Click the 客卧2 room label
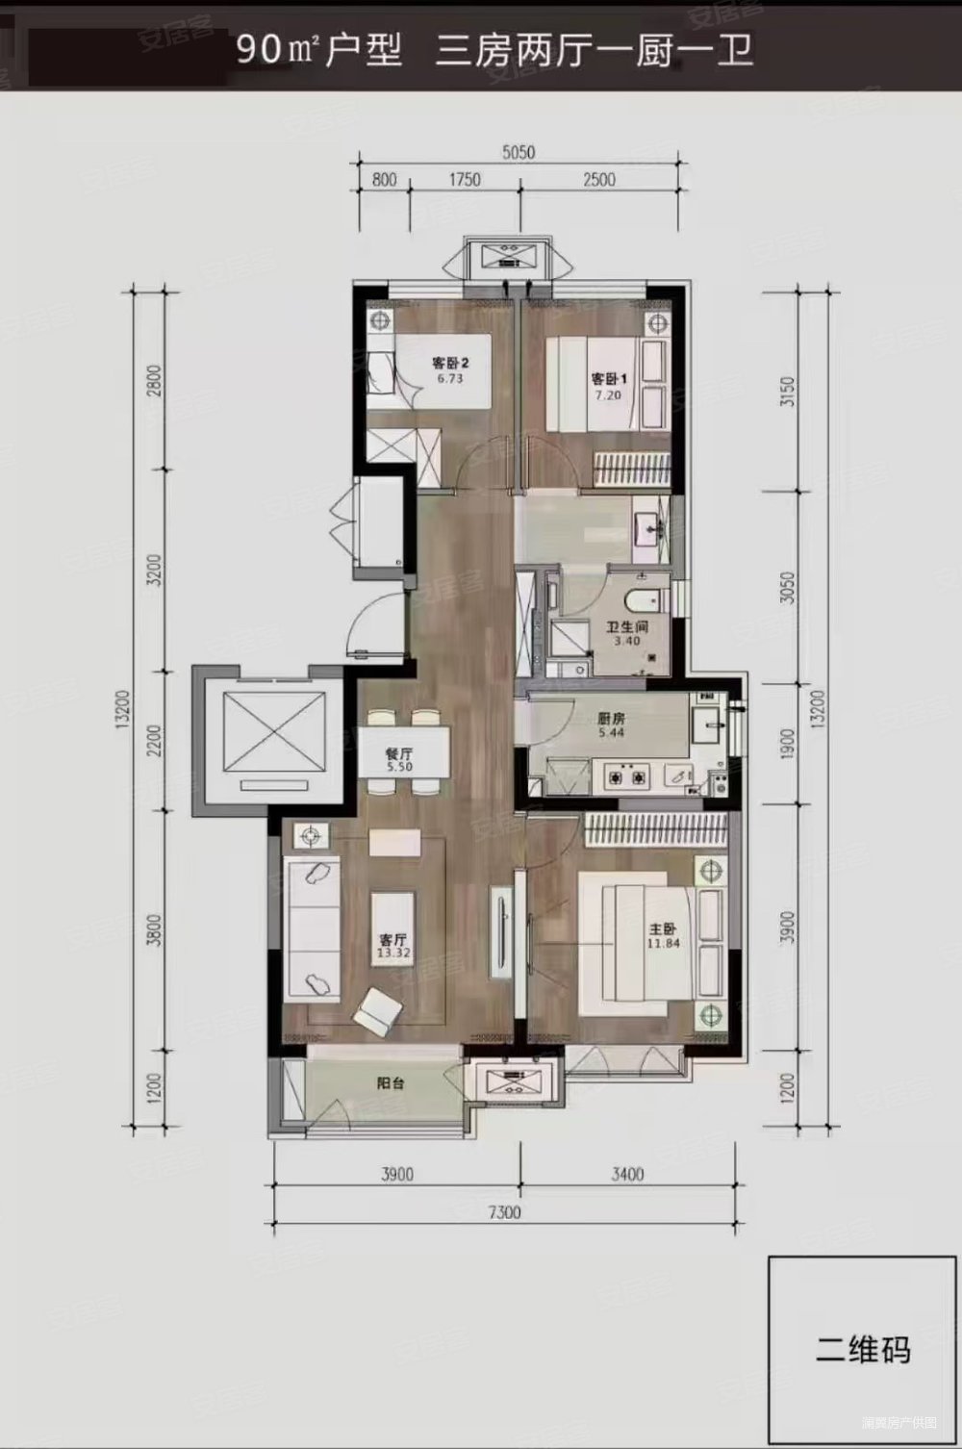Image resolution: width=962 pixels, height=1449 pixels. pyautogui.click(x=449, y=364)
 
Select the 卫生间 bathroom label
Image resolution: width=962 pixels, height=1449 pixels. pyautogui.click(x=626, y=626)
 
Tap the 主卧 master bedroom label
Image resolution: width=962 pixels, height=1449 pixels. pyautogui.click(x=663, y=929)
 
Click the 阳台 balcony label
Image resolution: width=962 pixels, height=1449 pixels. pyautogui.click(x=390, y=1082)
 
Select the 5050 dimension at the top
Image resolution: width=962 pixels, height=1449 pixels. pyautogui.click(x=518, y=152)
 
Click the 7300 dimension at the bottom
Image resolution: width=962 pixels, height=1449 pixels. pyautogui.click(x=503, y=1212)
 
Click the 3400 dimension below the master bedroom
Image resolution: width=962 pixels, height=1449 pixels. pyautogui.click(x=626, y=1174)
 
